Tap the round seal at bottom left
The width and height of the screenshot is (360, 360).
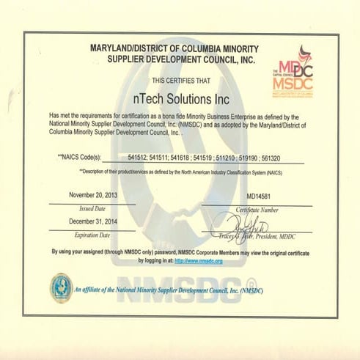61,287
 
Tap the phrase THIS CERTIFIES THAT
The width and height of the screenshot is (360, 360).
181,79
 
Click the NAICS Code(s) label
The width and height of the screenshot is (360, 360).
78,157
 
